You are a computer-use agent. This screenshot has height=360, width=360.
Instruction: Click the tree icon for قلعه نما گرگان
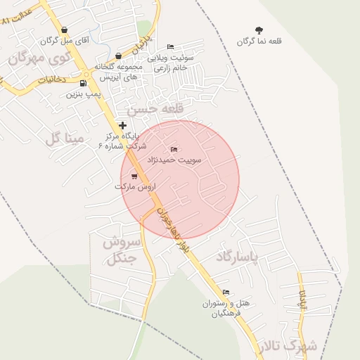click(x=259, y=30)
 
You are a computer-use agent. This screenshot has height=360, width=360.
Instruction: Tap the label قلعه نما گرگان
click(x=259, y=41)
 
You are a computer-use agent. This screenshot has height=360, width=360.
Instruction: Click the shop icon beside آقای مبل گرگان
click(x=65, y=30)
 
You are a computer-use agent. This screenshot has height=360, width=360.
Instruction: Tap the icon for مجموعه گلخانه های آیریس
click(x=118, y=56)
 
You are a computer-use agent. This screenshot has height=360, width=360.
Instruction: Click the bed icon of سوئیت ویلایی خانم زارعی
click(x=171, y=47)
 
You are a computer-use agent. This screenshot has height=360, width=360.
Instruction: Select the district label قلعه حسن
click(x=155, y=109)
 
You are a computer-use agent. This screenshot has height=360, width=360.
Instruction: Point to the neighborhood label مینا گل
click(x=64, y=138)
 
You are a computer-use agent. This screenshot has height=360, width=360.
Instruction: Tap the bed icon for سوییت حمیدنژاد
click(x=174, y=149)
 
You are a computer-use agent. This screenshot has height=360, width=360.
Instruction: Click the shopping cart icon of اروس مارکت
click(x=134, y=176)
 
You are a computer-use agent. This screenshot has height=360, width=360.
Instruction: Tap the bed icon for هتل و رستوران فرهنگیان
click(x=226, y=292)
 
